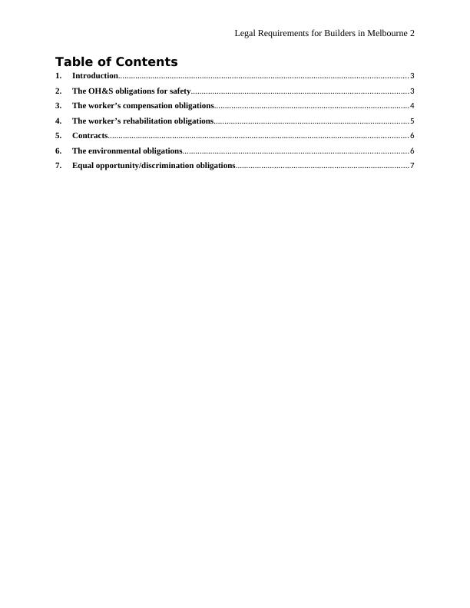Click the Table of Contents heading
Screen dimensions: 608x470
point(116,62)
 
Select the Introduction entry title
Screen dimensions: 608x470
point(94,76)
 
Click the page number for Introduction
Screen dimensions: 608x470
point(412,76)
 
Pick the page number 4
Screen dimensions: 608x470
point(412,106)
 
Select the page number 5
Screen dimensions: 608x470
point(412,121)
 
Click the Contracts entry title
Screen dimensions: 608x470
point(89,136)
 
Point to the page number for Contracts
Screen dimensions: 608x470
point(412,136)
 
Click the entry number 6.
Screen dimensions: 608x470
point(58,151)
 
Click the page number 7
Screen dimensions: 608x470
point(412,166)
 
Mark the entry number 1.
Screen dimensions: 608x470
point(58,76)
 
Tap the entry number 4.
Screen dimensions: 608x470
point(58,121)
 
